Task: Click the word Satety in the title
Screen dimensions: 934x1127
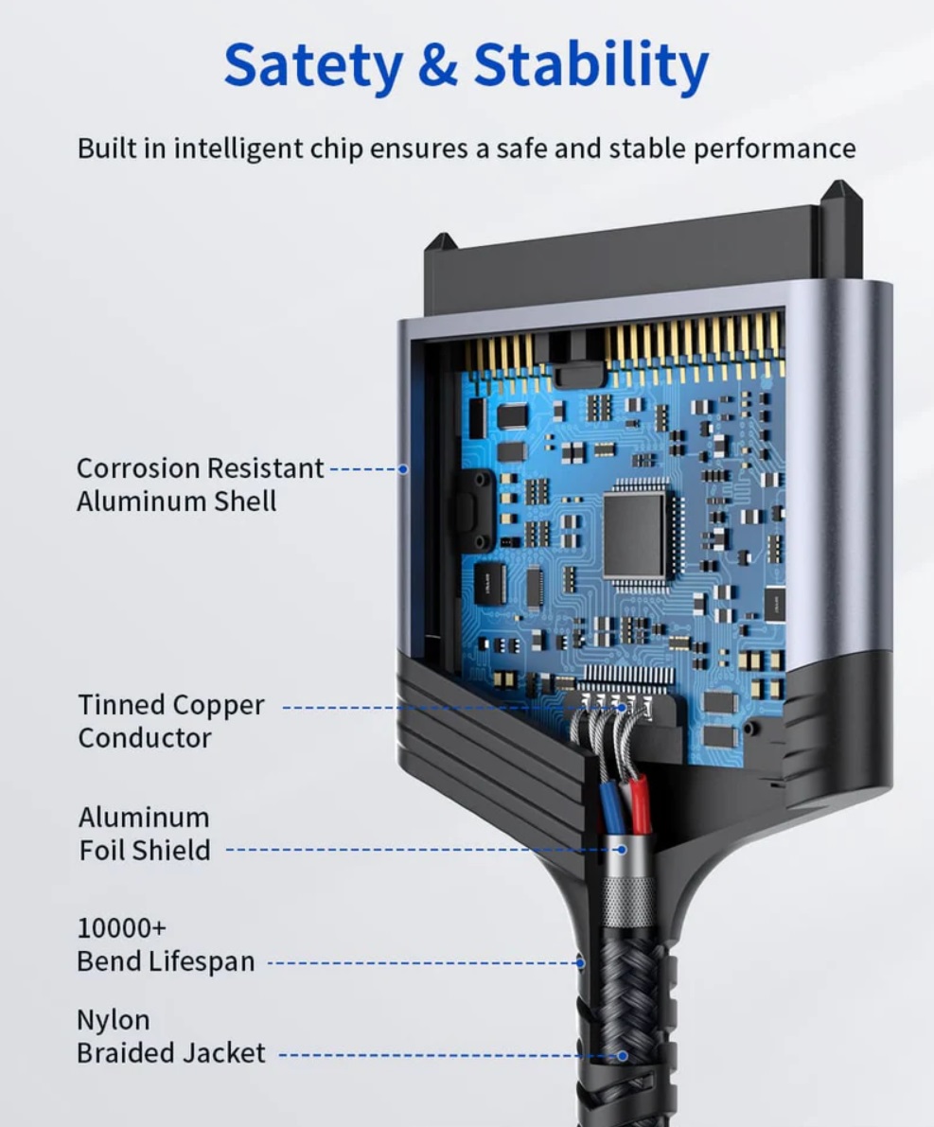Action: click(x=313, y=66)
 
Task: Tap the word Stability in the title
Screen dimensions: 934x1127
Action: click(x=591, y=66)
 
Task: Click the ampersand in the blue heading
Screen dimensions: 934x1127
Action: click(x=437, y=64)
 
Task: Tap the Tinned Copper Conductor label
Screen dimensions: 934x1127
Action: click(x=171, y=721)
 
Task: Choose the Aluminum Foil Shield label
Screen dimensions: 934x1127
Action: click(x=145, y=834)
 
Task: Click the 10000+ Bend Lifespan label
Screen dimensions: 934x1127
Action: click(x=166, y=944)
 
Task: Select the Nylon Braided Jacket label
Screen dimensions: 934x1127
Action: click(x=171, y=1036)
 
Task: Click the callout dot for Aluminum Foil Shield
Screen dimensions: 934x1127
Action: click(x=622, y=850)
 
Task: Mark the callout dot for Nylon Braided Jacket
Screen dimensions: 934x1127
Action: click(x=623, y=1056)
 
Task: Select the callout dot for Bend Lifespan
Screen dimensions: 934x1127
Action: click(x=580, y=963)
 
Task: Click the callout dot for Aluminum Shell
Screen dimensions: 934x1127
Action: click(x=403, y=469)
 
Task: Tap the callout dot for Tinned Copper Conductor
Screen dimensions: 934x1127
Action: click(x=623, y=708)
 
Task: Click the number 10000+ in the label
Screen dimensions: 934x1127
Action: click(x=121, y=928)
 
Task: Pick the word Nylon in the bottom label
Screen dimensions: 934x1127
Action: click(x=114, y=1021)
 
